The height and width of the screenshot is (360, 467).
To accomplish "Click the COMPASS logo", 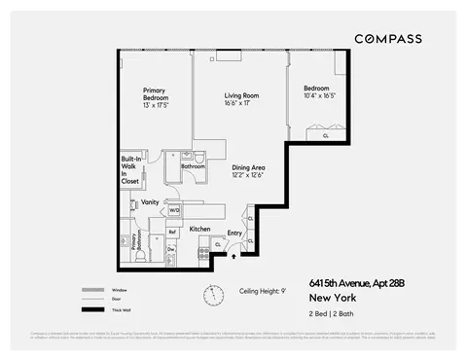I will pos(387,39).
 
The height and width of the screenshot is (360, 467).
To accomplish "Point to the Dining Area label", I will pos(248,171).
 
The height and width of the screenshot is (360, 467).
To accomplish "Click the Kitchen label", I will pos(200,229).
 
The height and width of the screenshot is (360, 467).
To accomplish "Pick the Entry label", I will pos(234,233).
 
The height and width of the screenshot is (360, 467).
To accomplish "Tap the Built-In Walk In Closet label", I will pos(130,169).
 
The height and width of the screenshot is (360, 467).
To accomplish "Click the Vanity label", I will pos(150,202).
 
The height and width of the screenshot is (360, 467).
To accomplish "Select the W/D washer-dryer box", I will pos(175,209).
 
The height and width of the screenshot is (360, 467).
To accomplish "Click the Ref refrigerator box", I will pos(172,232).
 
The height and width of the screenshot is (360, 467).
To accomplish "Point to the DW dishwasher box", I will pos(170,250).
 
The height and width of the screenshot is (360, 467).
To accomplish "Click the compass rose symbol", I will pos(211,295).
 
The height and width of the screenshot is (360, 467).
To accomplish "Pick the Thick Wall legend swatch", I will pos(94,309).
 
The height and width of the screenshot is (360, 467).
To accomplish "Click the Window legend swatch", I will pos(94,290).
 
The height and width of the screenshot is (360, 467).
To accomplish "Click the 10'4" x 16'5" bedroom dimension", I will pos(319,96).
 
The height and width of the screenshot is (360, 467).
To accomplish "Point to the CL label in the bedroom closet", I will pos(325,135).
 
